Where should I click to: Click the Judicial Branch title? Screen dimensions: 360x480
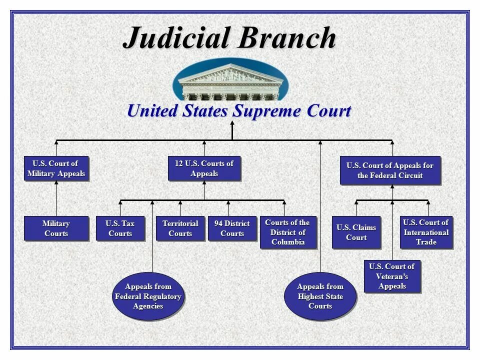tap(229, 37)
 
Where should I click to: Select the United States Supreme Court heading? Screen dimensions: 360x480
tap(239, 110)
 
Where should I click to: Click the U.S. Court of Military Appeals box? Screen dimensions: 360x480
tap(56, 169)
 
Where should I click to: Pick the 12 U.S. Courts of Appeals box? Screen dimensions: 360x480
tap(204, 168)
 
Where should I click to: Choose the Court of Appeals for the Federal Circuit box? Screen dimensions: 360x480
tap(390, 170)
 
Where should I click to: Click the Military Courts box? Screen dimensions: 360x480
tap(56, 228)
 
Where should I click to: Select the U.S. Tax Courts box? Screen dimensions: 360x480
tap(120, 228)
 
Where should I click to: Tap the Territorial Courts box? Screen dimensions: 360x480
tap(180, 228)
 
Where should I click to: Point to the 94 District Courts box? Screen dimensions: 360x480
tap(232, 228)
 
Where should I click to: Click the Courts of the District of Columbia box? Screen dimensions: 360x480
tap(288, 232)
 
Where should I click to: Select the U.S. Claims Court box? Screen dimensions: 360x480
tap(356, 232)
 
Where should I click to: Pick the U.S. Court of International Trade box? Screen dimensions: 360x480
tap(426, 232)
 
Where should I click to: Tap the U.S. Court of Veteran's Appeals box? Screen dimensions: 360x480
tap(392, 276)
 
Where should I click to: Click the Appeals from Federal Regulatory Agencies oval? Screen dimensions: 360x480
tap(148, 296)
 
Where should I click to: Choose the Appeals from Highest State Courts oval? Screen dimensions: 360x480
tap(320, 296)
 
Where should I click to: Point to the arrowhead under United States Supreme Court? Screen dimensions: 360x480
tap(232, 123)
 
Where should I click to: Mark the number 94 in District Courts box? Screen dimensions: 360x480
tap(219, 223)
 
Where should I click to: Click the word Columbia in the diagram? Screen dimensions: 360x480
tap(288, 242)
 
